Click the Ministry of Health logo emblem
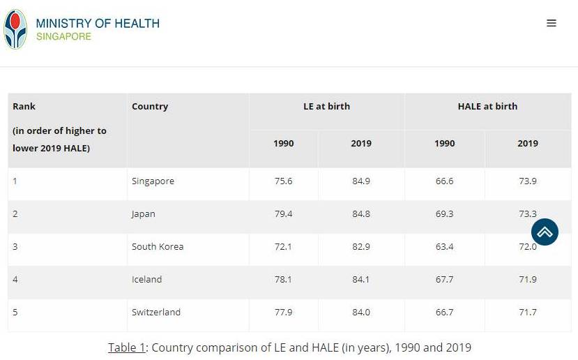coord(15,29)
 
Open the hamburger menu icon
coord(552,23)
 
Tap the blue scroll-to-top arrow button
coord(545,232)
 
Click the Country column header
coord(150,107)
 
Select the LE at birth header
coord(326,107)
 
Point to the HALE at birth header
coord(487,107)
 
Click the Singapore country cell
coord(153,181)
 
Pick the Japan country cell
coord(144,214)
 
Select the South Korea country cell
coord(157,247)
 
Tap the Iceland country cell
coord(146,280)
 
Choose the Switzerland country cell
coord(156,313)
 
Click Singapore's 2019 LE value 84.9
coord(361,181)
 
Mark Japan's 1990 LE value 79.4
coord(284,214)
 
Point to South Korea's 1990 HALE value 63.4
coord(445,247)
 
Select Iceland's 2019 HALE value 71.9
coord(528,280)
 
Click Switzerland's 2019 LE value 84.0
coord(361,313)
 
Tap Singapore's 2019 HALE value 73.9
coord(528,181)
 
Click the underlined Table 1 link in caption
coord(126,347)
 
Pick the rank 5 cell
coord(15,313)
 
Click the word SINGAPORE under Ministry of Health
coord(63,36)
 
